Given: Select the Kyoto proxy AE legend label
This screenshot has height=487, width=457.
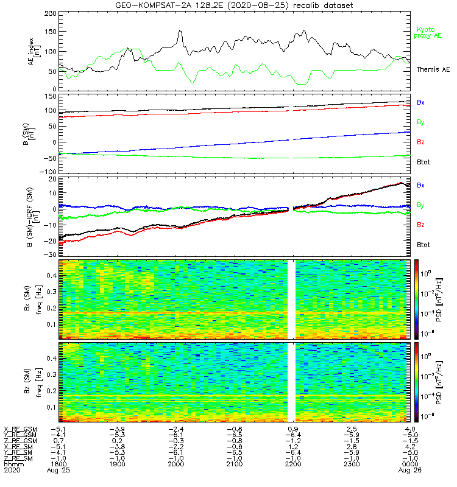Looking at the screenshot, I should pos(430,33).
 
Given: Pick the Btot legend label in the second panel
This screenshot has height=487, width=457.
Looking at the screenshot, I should pos(423,161).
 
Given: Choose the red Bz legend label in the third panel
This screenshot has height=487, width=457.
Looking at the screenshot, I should pos(420,225).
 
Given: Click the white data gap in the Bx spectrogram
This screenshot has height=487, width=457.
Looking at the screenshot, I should pos(291,298).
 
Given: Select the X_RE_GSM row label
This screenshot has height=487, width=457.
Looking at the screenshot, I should pos(20,429).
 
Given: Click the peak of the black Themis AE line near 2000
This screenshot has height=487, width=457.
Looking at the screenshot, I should pos(180,30).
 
